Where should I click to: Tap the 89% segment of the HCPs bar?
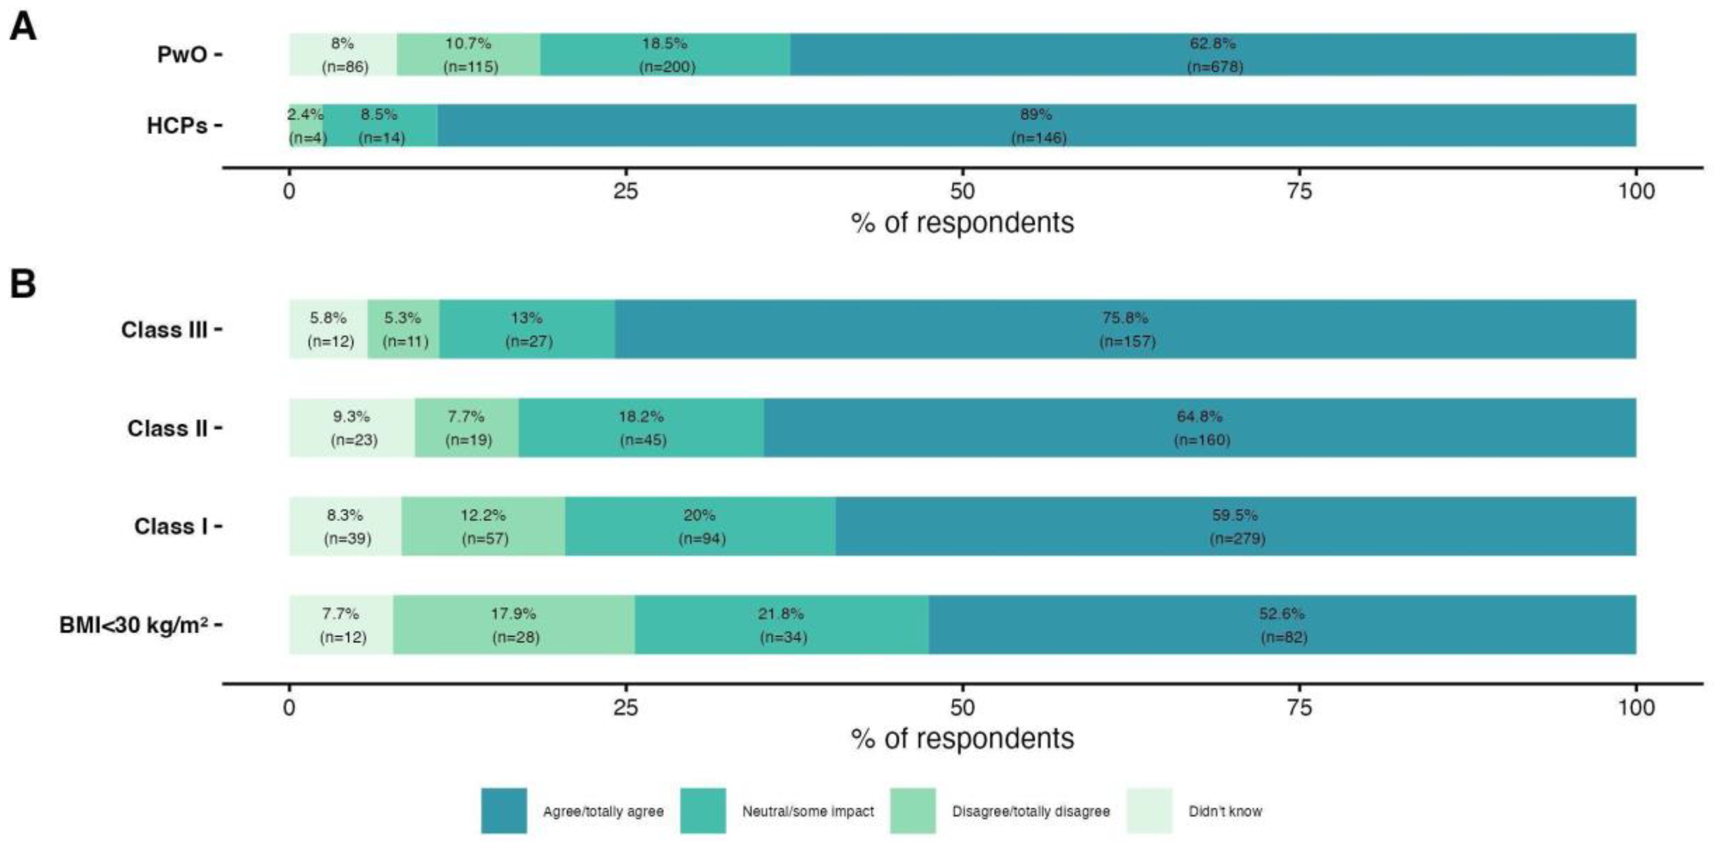pos(1036,126)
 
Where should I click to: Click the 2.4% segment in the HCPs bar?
pos(306,126)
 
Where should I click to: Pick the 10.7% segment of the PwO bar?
pos(468,55)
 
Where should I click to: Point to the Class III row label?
pos(164,329)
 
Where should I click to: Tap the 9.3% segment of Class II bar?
pos(352,428)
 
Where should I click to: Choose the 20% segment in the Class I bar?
pos(700,526)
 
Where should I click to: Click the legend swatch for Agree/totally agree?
pos(504,810)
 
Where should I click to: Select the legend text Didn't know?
pos(1225,811)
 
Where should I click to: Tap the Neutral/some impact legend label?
pos(808,811)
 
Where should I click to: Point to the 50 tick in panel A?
pos(962,191)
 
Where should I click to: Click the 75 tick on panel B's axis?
pos(1299,707)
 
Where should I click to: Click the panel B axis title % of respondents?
pos(962,738)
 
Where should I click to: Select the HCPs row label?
pos(177,126)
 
